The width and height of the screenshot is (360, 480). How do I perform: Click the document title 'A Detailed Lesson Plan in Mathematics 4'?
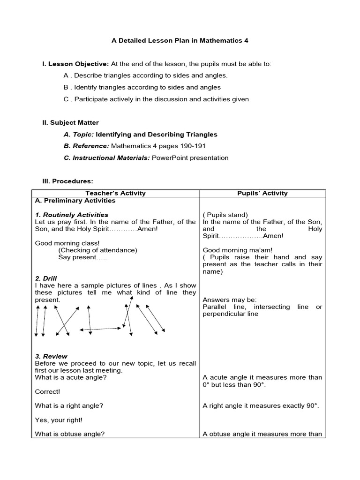click(x=180, y=40)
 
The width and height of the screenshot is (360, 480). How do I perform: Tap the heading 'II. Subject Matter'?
click(x=70, y=123)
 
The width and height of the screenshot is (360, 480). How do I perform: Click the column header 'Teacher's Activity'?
click(x=115, y=193)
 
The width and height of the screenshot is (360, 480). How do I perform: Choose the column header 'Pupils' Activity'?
click(x=262, y=193)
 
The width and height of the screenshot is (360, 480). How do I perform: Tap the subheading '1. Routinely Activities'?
click(x=71, y=215)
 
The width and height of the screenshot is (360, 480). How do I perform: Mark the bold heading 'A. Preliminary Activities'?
click(x=75, y=201)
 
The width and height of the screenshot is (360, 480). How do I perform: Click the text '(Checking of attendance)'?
click(x=97, y=250)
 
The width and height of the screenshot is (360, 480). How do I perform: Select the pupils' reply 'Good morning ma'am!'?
click(x=237, y=250)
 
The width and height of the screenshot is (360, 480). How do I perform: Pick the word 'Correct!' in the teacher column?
click(x=47, y=391)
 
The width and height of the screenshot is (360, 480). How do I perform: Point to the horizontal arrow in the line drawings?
click(x=100, y=330)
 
